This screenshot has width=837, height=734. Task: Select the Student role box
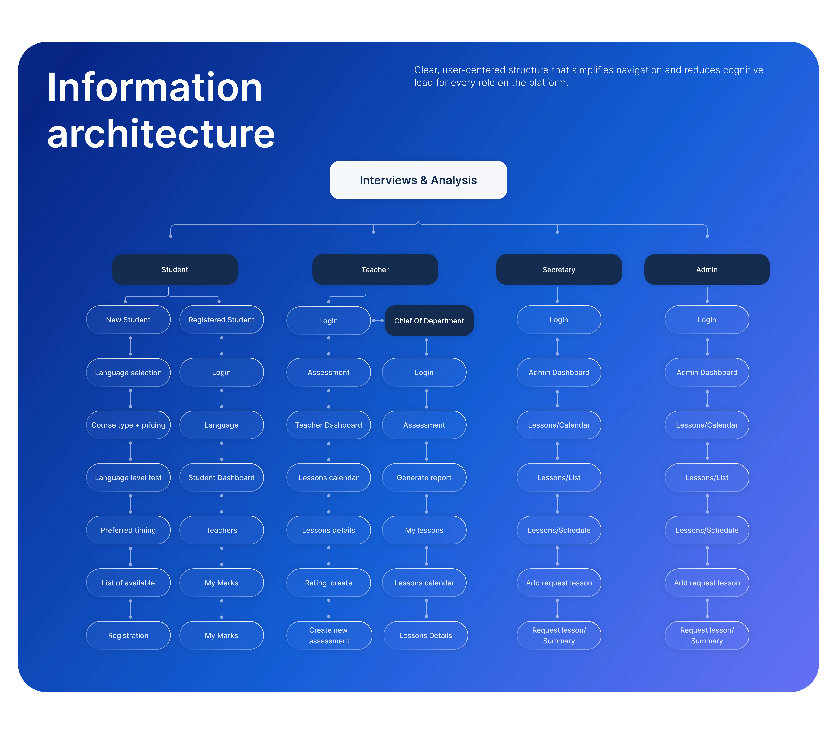[175, 270]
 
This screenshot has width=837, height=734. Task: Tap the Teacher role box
[375, 270]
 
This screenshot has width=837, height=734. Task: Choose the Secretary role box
[559, 270]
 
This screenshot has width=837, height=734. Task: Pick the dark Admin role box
[707, 270]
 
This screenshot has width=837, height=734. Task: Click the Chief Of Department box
[429, 321]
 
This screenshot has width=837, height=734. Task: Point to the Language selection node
[128, 372]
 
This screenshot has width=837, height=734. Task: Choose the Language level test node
[128, 478]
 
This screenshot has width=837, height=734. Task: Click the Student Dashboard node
[222, 478]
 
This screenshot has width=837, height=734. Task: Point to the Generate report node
[424, 478]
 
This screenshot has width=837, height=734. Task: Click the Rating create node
[328, 583]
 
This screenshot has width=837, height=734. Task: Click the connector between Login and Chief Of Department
[378, 321]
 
